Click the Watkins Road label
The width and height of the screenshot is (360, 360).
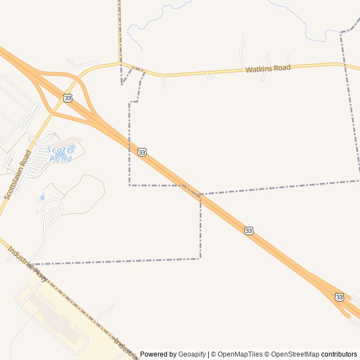[x=268, y=69]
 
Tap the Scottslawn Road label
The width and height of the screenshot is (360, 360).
[x=17, y=174]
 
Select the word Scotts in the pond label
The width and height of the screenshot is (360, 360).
[x=60, y=150]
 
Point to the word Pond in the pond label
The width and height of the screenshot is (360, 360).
[x=61, y=159]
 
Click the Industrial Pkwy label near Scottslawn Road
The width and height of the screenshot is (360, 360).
[x=27, y=263]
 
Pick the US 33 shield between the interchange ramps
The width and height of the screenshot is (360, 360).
[x=68, y=98]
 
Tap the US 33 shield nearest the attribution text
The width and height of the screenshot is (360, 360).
[x=339, y=296]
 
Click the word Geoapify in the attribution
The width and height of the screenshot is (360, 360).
[x=192, y=354]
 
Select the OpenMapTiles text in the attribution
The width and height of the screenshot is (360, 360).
[x=240, y=354]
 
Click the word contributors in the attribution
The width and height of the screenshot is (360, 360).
[x=339, y=354]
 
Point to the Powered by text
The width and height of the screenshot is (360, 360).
[x=158, y=354]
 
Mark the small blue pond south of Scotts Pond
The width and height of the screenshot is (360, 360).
[x=42, y=197]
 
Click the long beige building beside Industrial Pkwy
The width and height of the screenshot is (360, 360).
[x=54, y=315]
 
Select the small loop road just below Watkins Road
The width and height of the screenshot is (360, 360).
[x=210, y=75]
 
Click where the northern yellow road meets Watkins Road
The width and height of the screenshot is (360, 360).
[x=120, y=63]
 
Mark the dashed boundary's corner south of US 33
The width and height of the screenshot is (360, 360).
[x=200, y=258]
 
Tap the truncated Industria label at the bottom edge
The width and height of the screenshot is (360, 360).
[x=125, y=348]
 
